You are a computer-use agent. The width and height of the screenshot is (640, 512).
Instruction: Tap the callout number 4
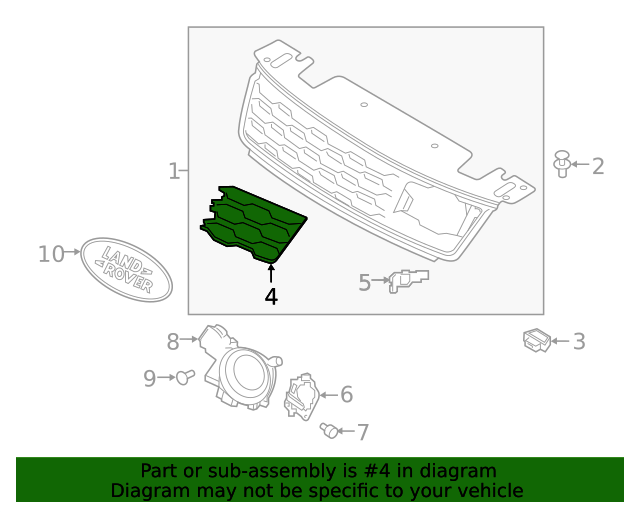click(271, 296)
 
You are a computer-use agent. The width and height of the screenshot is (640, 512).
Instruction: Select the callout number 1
click(174, 171)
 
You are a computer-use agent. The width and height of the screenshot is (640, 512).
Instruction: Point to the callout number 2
click(598, 166)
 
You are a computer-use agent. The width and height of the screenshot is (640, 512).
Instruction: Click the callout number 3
click(579, 342)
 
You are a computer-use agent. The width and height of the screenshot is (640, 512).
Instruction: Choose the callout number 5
click(365, 283)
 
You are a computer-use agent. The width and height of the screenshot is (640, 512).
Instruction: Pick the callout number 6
click(346, 395)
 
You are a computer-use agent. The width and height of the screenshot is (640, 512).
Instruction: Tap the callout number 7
click(362, 432)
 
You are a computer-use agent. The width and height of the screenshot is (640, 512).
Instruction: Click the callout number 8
click(172, 342)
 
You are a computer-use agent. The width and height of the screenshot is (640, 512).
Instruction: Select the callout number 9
click(149, 378)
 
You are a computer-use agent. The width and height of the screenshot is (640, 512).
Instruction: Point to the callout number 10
click(51, 254)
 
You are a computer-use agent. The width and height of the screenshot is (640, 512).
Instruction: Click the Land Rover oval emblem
click(126, 267)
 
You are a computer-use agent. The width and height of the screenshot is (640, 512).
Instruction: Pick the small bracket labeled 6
click(301, 396)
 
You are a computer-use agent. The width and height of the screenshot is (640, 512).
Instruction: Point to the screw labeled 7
click(327, 430)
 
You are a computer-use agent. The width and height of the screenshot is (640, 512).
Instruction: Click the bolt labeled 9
click(183, 377)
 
